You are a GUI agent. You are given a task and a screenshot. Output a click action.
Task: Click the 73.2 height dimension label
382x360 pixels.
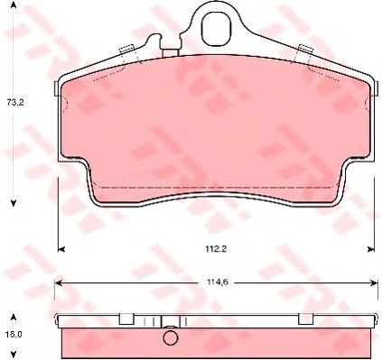15,103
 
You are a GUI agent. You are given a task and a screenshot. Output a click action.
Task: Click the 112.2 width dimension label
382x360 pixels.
216,249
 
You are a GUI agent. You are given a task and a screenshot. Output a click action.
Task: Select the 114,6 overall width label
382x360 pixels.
216,282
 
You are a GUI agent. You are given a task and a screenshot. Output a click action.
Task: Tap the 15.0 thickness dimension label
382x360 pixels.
14,335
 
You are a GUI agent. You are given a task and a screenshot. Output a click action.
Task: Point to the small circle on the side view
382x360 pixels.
171,337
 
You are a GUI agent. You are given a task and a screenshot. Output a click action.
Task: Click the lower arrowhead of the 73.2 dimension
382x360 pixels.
14,203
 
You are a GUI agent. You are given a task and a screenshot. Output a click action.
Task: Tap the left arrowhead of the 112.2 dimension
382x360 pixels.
61,249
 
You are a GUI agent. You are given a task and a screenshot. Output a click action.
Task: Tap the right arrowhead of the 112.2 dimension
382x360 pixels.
370,249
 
